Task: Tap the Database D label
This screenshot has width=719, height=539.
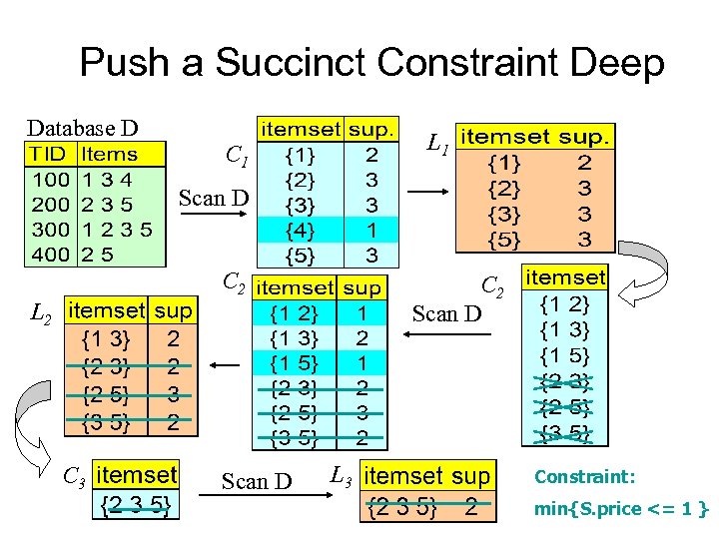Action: pyautogui.click(x=82, y=128)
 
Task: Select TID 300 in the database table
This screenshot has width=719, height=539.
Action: pyautogui.click(x=49, y=229)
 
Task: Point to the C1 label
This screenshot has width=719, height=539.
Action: pyautogui.click(x=237, y=156)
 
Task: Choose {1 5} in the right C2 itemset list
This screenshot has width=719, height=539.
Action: pyautogui.click(x=564, y=355)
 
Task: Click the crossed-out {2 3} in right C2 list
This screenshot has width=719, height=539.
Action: pyautogui.click(x=564, y=381)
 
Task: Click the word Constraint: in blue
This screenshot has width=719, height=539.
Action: pyautogui.click(x=585, y=478)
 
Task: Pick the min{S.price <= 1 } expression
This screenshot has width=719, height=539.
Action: pyautogui.click(x=620, y=510)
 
